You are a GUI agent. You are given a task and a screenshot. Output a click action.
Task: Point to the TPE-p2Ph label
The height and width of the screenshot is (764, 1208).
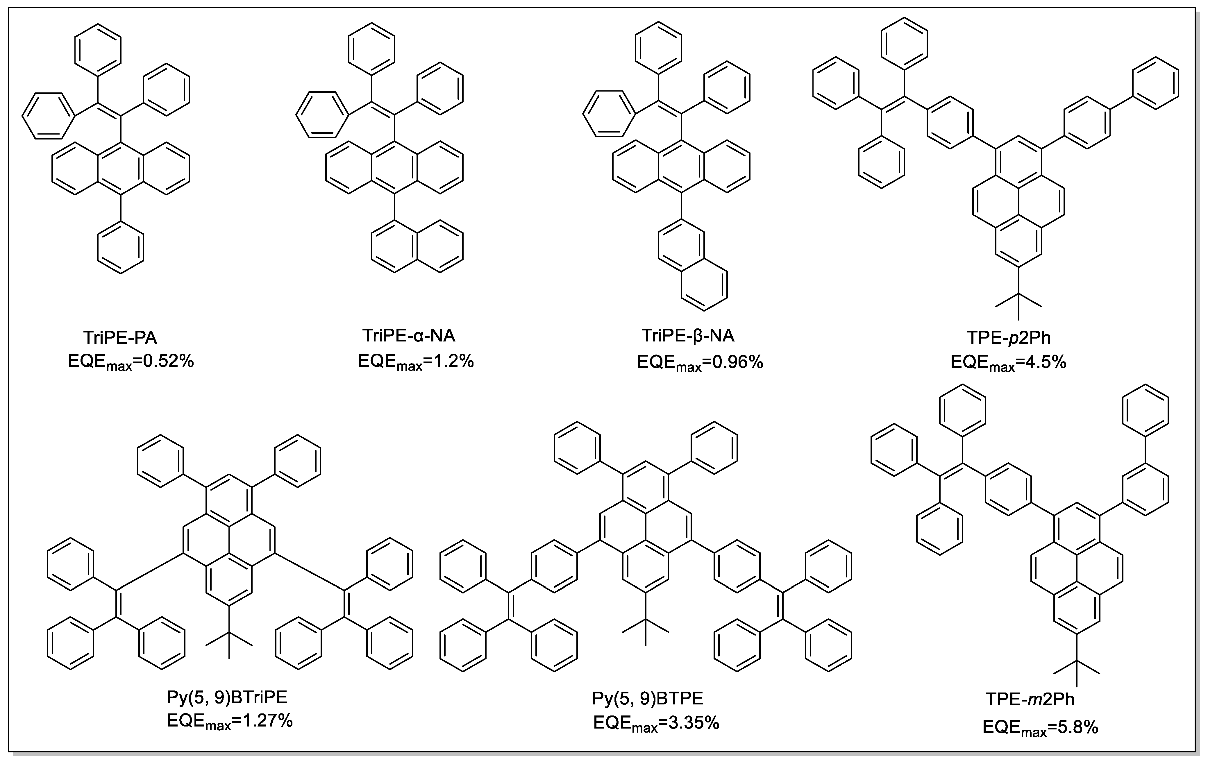(1008, 338)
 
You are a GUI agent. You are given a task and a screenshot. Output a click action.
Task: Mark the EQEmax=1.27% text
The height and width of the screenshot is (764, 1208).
(229, 722)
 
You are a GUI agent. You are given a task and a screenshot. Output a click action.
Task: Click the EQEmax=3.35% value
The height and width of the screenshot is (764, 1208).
(656, 723)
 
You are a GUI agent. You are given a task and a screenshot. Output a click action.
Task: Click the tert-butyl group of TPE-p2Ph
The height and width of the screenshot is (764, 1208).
(1018, 301)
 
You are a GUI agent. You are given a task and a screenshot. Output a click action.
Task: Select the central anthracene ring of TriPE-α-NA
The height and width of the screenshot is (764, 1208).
(394, 167)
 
